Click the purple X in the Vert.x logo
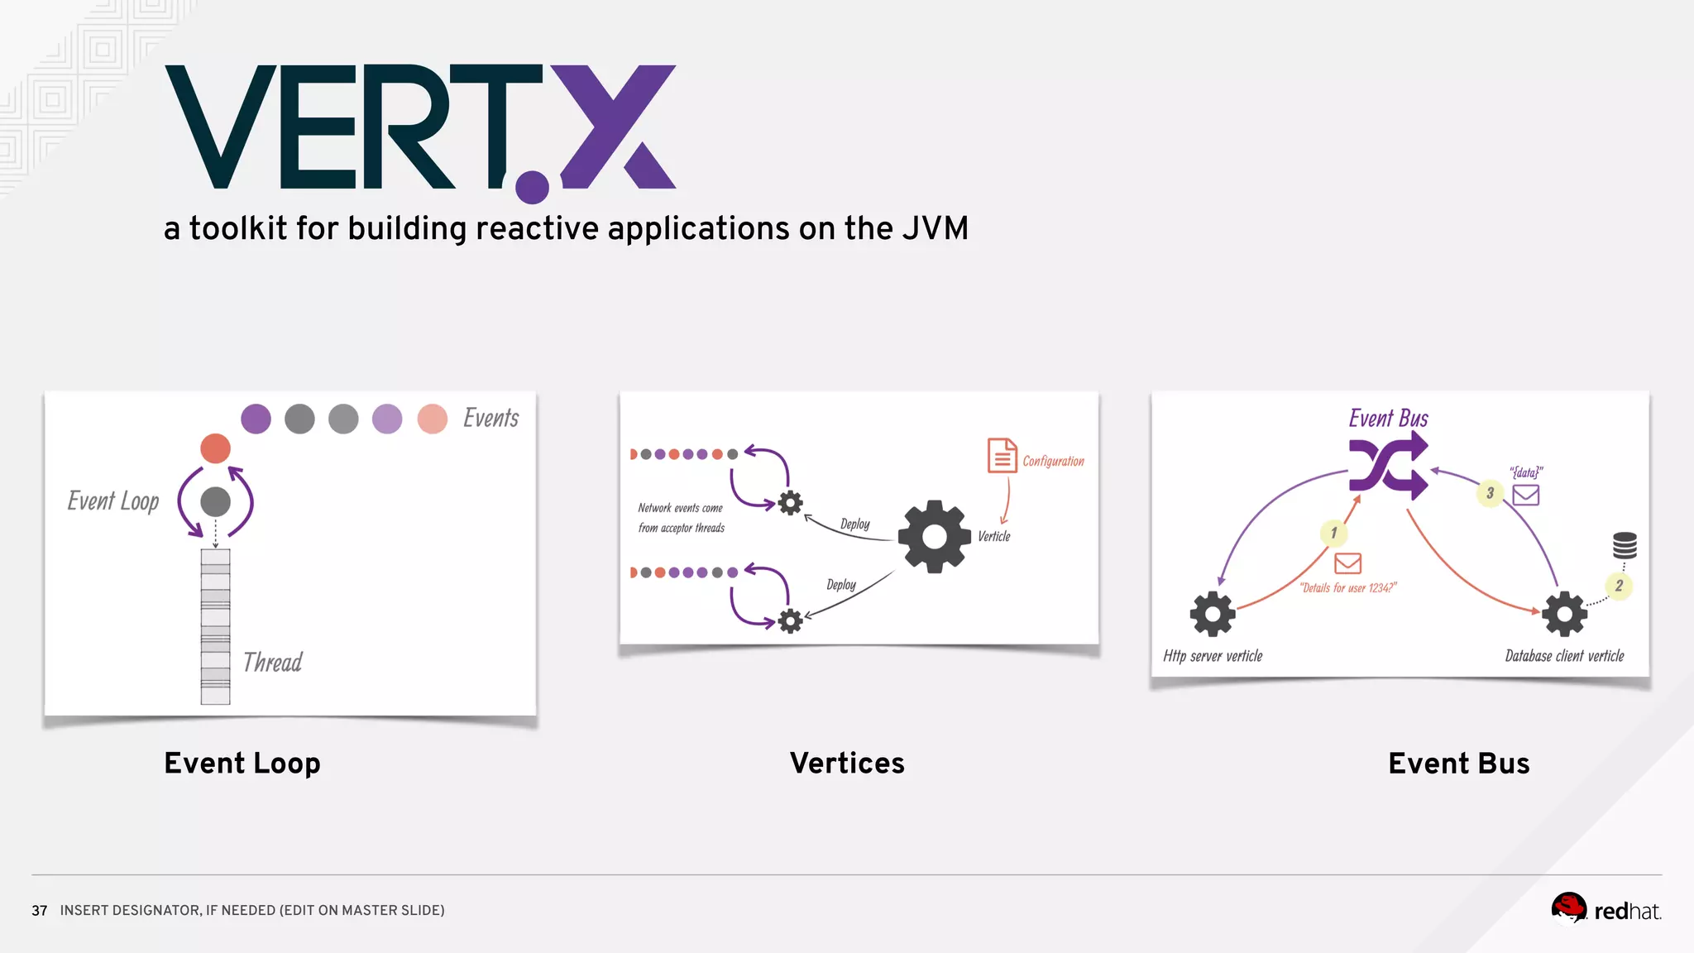point(616,126)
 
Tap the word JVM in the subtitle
point(935,228)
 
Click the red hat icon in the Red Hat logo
point(1568,907)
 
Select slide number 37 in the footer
point(39,911)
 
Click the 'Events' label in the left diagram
point(490,419)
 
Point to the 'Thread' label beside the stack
point(272,663)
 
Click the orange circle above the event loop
point(215,448)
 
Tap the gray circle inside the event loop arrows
point(215,501)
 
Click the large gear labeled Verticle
point(934,537)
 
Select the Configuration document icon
point(1002,456)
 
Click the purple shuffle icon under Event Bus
point(1388,466)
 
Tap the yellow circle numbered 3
point(1490,493)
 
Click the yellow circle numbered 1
point(1333,533)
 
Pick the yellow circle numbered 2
point(1619,586)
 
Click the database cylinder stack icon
point(1625,545)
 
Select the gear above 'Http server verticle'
point(1213,614)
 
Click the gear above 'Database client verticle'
point(1564,614)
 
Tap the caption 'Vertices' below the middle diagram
point(847,763)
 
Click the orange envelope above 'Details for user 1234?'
point(1347,563)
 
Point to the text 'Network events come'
point(680,508)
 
